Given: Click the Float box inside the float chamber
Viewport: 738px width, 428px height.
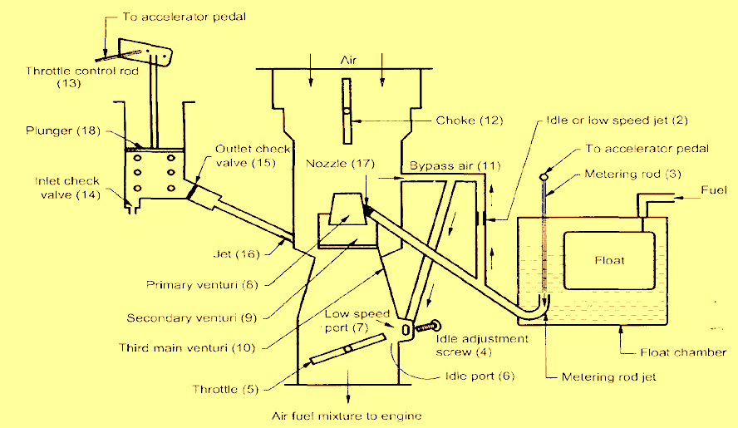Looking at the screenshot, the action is (609, 260).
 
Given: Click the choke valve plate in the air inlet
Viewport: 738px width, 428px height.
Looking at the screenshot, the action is (347, 111).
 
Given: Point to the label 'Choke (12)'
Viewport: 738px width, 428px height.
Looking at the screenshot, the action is (470, 121).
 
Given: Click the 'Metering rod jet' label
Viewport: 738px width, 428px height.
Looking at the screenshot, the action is (608, 377).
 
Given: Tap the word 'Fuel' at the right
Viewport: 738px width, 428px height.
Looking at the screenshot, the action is (714, 190).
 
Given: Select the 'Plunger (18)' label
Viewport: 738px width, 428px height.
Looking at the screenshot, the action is (63, 130).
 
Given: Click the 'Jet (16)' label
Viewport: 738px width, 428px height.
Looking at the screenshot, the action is (236, 254).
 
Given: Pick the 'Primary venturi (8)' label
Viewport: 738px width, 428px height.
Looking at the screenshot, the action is (203, 285).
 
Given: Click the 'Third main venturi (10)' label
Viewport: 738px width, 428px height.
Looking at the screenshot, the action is (187, 348).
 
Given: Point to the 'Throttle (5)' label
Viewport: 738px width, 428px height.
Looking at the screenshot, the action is (225, 390).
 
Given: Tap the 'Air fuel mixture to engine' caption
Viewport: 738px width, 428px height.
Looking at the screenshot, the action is (347, 416).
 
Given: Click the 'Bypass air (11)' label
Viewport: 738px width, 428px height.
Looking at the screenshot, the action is (455, 165).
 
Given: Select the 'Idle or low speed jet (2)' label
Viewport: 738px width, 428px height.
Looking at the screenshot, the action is (617, 121).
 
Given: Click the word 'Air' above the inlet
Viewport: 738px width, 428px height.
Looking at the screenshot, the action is (348, 61).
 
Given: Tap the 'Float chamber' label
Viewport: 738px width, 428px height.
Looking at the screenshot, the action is (683, 352).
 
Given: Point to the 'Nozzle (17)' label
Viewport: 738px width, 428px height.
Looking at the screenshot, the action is (340, 164).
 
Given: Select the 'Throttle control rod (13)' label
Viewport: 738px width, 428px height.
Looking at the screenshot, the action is (82, 77).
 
